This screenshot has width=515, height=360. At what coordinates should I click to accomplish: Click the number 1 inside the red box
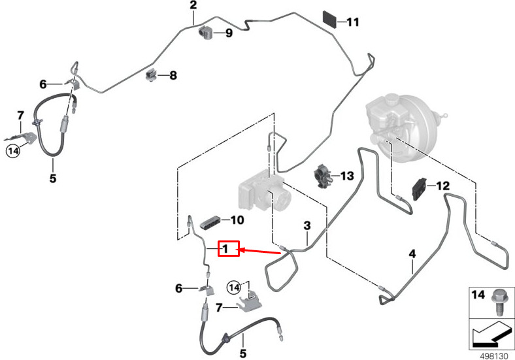(225, 249)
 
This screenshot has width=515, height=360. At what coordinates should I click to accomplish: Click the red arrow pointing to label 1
(261, 251)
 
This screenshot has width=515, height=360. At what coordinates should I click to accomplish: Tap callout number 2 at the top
(193, 6)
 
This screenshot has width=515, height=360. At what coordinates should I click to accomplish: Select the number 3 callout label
(306, 226)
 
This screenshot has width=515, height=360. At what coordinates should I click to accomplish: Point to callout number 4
(412, 254)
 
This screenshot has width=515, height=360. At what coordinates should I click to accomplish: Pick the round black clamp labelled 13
(324, 175)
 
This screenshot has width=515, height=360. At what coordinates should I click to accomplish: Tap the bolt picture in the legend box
(499, 302)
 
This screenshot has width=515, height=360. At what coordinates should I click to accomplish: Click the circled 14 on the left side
(13, 151)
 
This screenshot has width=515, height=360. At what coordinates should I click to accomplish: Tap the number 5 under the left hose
(53, 176)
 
